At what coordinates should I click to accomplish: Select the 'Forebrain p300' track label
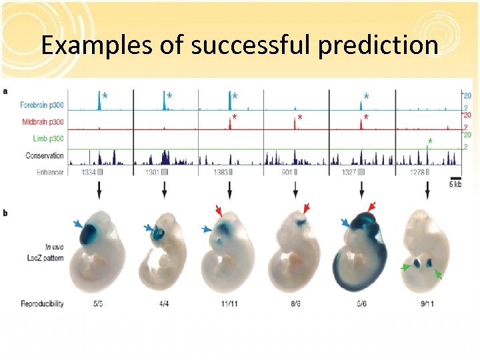42,104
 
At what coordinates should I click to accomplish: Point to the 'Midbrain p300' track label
43,121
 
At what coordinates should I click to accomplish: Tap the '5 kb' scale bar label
455,183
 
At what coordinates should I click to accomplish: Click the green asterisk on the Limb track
430,141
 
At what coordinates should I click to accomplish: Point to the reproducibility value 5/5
99,303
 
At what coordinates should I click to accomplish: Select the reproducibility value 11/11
229,303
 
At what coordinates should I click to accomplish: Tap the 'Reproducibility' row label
42,303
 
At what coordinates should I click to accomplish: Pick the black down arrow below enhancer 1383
230,191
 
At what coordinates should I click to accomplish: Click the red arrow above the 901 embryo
307,209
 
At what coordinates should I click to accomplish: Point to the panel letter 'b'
5,213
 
